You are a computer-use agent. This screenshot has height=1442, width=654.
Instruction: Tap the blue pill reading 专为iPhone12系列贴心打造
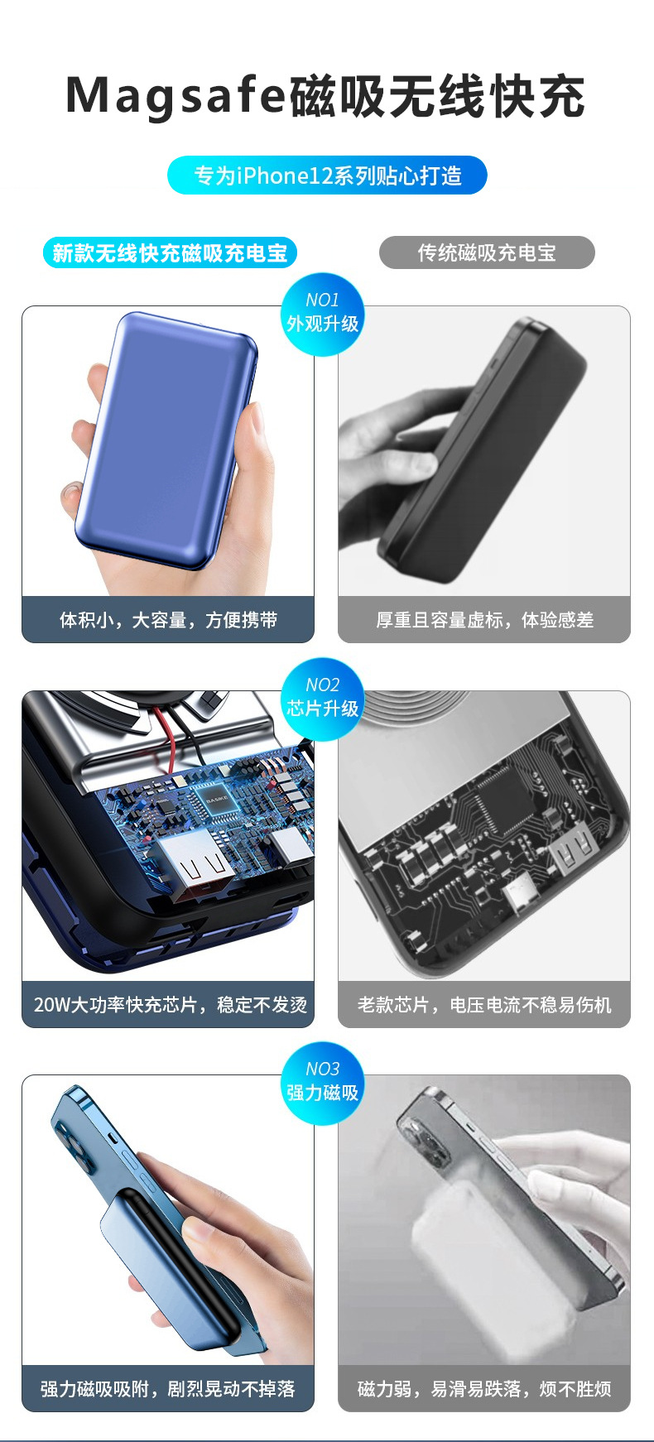point(327,175)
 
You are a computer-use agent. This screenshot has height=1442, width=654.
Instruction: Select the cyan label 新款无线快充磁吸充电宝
point(170,252)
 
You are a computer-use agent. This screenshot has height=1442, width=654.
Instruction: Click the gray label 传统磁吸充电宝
point(487,252)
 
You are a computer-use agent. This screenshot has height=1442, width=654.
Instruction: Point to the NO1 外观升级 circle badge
point(323,314)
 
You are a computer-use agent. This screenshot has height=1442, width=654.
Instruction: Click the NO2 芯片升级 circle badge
point(323,699)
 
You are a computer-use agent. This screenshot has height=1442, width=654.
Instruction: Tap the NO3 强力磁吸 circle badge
point(323,1083)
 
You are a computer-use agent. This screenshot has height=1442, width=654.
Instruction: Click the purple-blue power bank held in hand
point(166,440)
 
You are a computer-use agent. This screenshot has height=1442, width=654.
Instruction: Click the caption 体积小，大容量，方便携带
point(168,620)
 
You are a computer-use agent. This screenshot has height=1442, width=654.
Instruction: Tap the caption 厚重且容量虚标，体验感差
point(484,620)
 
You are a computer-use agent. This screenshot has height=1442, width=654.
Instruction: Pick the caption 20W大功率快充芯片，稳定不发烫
point(170,1005)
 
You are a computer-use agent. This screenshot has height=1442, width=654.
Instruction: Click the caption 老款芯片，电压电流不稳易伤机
point(484,1005)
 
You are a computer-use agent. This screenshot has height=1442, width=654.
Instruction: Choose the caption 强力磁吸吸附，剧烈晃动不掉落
point(168,1389)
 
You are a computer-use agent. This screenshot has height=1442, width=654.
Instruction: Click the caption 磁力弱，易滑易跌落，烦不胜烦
point(484,1389)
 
